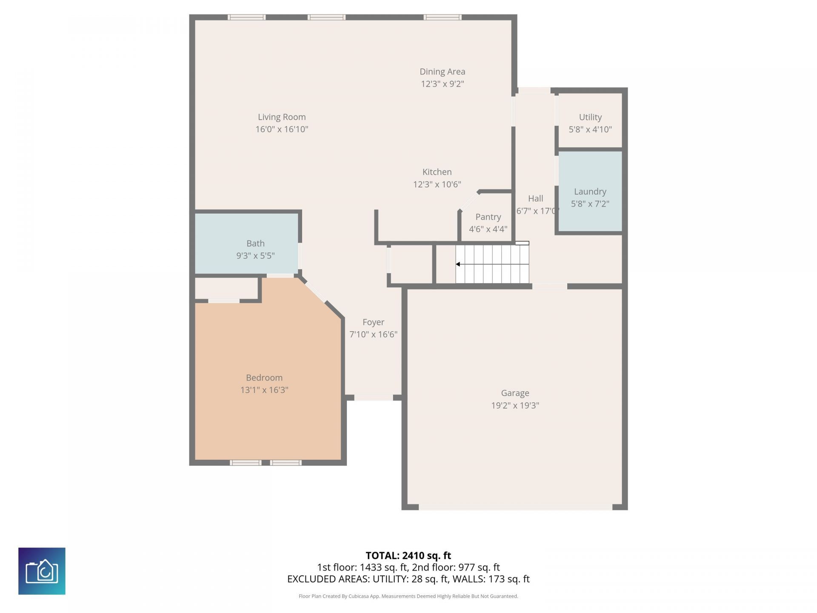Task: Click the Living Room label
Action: pyautogui.click(x=282, y=117)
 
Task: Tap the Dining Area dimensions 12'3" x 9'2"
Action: pyautogui.click(x=442, y=84)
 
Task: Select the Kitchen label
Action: pyautogui.click(x=437, y=172)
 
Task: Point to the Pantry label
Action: pyautogui.click(x=488, y=217)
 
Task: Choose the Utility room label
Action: pyautogui.click(x=590, y=117)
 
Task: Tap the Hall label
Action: pyautogui.click(x=535, y=198)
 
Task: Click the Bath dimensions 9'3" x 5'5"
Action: pyautogui.click(x=255, y=256)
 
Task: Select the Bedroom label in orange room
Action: pyautogui.click(x=264, y=378)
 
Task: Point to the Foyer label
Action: pyautogui.click(x=373, y=322)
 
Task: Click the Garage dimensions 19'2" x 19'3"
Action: pyautogui.click(x=515, y=405)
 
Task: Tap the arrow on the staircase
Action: pyautogui.click(x=458, y=264)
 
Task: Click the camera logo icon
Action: pyautogui.click(x=42, y=571)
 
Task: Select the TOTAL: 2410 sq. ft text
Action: pyautogui.click(x=408, y=556)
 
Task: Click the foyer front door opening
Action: pyautogui.click(x=373, y=398)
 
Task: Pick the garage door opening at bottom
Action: pyautogui.click(x=515, y=507)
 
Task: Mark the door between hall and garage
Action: pyautogui.click(x=549, y=286)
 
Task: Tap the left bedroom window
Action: pyautogui.click(x=246, y=463)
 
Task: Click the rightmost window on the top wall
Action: pyautogui.click(x=443, y=17)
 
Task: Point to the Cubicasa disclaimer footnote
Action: pyautogui.click(x=408, y=596)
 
